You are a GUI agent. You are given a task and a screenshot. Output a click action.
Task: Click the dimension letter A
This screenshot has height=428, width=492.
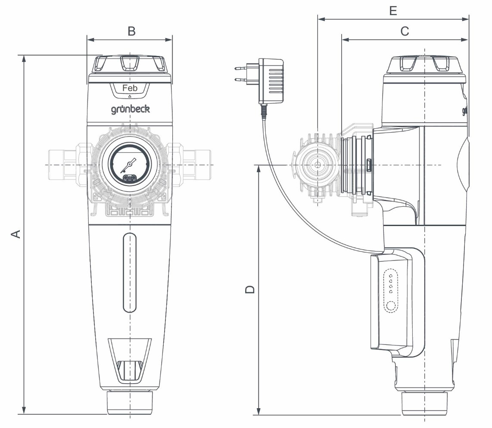tap(15, 234)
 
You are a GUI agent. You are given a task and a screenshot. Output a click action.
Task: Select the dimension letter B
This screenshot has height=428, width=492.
tap(131, 31)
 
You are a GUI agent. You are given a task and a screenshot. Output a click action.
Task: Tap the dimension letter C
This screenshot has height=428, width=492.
tap(405, 31)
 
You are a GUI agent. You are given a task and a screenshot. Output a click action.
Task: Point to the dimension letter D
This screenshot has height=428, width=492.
tap(249, 289)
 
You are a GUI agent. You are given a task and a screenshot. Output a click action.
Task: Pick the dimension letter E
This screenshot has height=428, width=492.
tap(392, 11)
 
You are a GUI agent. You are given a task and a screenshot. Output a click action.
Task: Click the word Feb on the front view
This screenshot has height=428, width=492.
tap(130, 88)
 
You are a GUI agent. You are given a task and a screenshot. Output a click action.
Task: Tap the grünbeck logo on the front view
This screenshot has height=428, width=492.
tap(130, 109)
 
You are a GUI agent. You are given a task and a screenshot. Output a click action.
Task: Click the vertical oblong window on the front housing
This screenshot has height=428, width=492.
tap(129, 272)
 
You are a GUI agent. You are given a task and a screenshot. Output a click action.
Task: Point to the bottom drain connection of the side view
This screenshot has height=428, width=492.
tap(425, 403)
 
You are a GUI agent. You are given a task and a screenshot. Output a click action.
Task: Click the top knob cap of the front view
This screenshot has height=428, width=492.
tap(130, 65)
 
